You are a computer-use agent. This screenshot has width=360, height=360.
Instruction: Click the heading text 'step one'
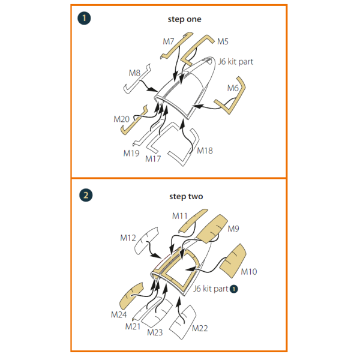click(x=184, y=19)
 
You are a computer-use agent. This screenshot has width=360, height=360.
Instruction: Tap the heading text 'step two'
click(x=186, y=197)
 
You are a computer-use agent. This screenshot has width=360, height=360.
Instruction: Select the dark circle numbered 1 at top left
click(x=84, y=18)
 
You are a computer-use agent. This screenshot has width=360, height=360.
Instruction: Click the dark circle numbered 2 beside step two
click(x=86, y=196)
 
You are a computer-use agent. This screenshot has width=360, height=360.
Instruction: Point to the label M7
click(x=169, y=41)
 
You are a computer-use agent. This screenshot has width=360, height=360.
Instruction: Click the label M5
click(x=223, y=41)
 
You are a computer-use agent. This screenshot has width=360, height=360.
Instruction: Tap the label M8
click(x=134, y=73)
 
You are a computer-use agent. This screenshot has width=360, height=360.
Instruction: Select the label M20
click(x=121, y=119)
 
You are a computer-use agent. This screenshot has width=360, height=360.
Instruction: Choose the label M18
click(x=205, y=151)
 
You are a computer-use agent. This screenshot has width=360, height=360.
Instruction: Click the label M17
click(x=153, y=158)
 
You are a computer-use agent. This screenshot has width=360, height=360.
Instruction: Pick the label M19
click(x=131, y=153)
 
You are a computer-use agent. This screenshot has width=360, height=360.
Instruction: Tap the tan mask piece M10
click(x=233, y=260)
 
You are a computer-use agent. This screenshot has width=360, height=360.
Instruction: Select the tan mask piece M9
click(x=212, y=229)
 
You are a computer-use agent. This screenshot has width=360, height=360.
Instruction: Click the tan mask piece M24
click(x=131, y=295)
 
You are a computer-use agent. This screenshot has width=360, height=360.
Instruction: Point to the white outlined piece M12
click(x=146, y=241)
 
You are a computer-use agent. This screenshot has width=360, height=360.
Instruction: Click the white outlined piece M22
click(x=183, y=322)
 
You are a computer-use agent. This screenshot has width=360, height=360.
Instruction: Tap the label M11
click(x=180, y=216)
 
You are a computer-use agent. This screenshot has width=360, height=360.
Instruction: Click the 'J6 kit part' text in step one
click(x=236, y=62)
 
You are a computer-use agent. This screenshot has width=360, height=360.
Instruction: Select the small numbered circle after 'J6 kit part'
click(x=234, y=289)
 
